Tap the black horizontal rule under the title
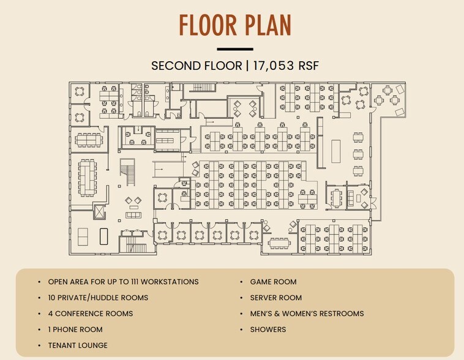[x=235, y=49]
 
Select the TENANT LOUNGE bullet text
[x=78, y=345]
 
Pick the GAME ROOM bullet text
[x=273, y=282]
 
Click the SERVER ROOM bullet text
[x=276, y=298]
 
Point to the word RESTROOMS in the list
[x=340, y=313]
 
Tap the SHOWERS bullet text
[x=268, y=329]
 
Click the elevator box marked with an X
[x=99, y=211]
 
